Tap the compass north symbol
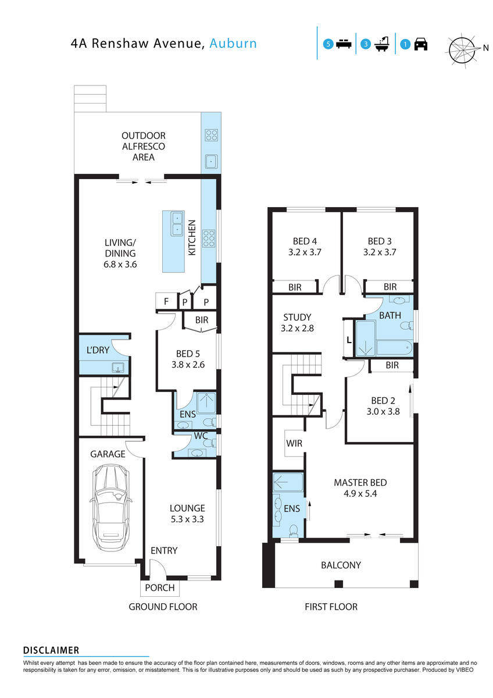click(463, 48)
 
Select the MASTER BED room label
click(360, 488)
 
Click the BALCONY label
click(341, 565)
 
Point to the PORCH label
click(159, 587)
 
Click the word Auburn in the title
click(233, 43)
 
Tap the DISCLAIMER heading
click(51, 650)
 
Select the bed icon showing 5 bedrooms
click(344, 44)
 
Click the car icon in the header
click(421, 44)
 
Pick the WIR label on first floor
click(294, 444)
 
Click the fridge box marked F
click(166, 302)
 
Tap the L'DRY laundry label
click(95, 351)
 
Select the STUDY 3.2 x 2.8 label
click(298, 323)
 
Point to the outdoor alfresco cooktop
click(211, 136)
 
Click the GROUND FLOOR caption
click(163, 607)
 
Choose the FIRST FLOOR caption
click(331, 607)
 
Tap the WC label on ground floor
click(201, 435)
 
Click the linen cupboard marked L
click(348, 340)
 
